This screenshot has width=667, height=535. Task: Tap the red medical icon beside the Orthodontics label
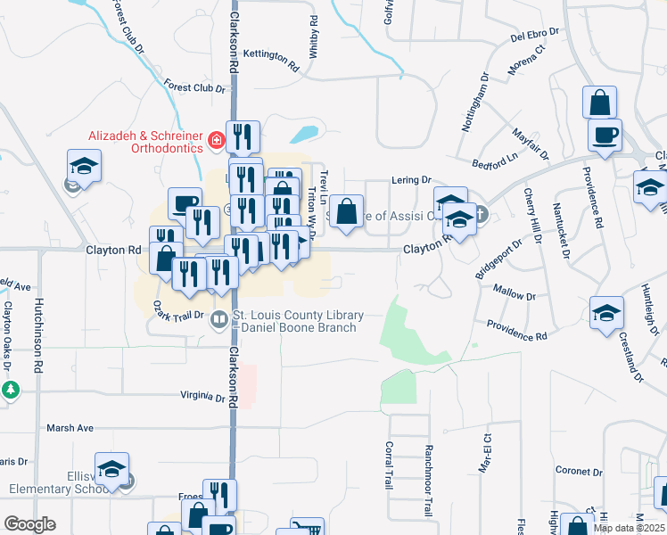(215, 141)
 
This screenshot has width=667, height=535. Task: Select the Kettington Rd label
(270, 59)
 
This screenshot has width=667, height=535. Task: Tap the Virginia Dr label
(202, 398)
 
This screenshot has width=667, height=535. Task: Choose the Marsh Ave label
(70, 428)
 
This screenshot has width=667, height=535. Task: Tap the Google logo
(29, 524)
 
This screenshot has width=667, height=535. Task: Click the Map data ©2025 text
(628, 528)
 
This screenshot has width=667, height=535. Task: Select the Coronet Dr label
(580, 471)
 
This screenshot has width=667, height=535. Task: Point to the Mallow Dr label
(514, 294)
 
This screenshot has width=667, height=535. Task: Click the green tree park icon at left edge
(10, 390)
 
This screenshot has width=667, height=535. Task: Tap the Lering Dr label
(411, 180)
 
